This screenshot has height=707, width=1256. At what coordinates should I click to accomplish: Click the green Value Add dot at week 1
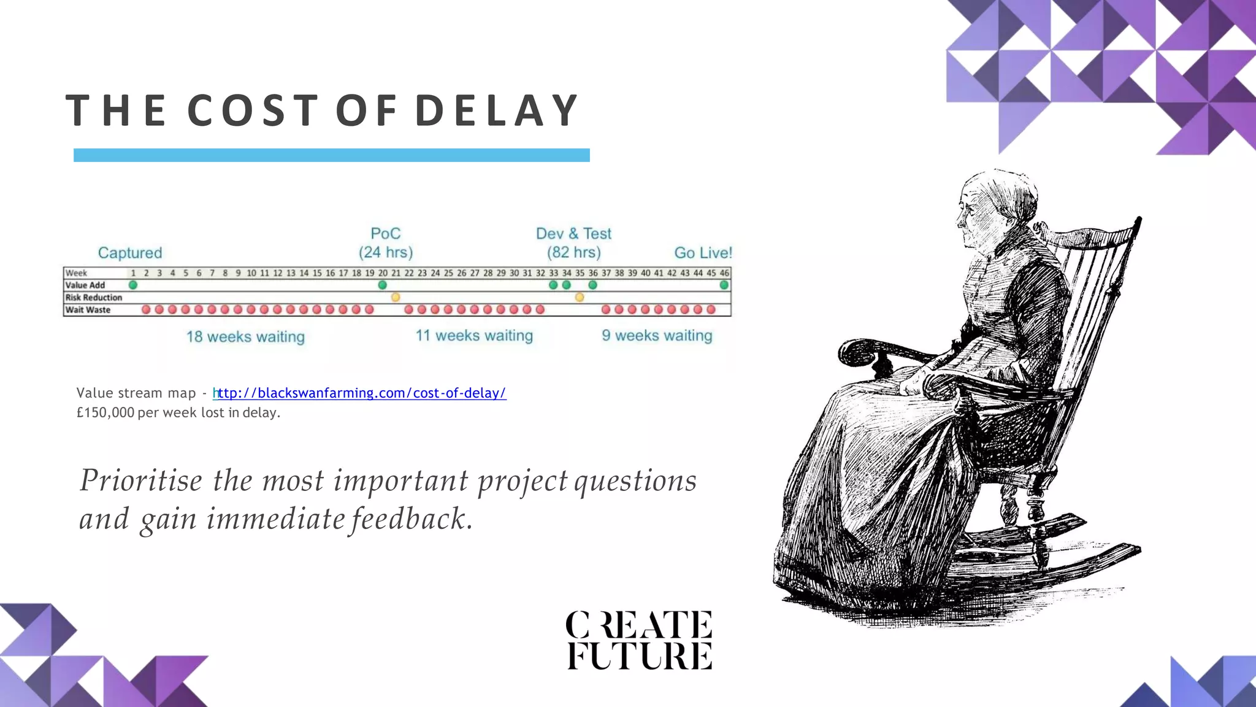[x=133, y=285]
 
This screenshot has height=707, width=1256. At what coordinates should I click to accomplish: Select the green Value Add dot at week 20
[x=383, y=285]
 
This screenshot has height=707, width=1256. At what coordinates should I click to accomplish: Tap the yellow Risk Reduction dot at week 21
[x=396, y=297]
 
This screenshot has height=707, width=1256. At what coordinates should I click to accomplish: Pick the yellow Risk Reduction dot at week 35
[x=580, y=297]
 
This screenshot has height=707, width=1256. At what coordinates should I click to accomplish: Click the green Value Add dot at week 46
[x=724, y=285]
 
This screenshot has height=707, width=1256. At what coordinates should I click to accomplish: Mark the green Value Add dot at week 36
[x=592, y=285]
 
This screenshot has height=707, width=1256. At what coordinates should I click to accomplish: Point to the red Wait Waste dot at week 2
[x=146, y=309]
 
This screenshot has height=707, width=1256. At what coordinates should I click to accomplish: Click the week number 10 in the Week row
[x=251, y=273]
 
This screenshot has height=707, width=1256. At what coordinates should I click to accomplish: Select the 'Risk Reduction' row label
[x=94, y=298]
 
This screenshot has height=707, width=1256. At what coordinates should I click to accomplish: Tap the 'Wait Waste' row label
[x=88, y=310]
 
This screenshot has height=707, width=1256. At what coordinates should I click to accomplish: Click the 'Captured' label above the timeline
[x=130, y=253]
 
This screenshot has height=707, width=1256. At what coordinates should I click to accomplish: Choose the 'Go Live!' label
[x=703, y=253]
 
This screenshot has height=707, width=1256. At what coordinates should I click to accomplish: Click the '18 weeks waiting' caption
[x=245, y=336]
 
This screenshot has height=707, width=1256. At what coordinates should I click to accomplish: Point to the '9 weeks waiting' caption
[x=657, y=336]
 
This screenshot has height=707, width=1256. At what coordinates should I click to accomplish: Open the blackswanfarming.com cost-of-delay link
[x=361, y=393]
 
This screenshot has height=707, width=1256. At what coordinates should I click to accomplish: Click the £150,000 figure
[x=105, y=412]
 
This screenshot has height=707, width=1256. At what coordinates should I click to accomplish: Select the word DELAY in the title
[x=497, y=111]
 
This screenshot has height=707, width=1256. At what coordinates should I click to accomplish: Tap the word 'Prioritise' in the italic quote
[x=141, y=480]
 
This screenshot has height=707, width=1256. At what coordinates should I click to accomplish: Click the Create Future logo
[x=638, y=639]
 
